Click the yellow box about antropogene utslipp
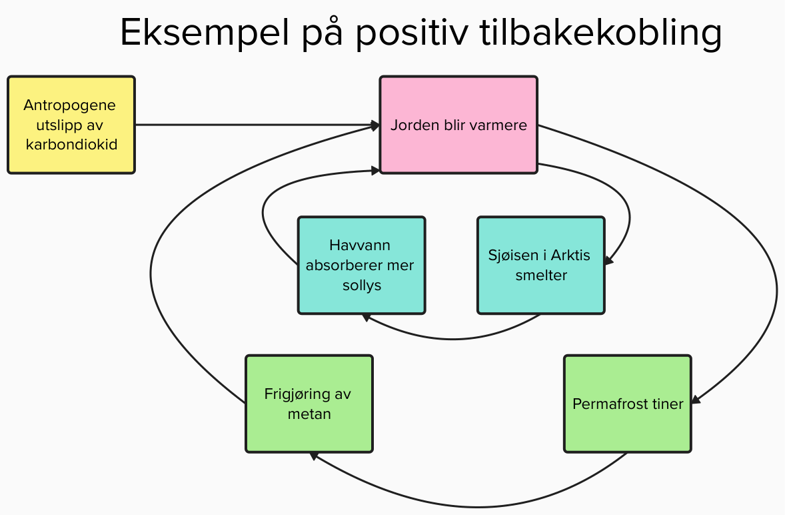(71, 125)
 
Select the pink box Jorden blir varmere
(458, 125)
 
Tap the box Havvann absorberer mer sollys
(361, 265)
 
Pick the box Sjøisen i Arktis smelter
(541, 265)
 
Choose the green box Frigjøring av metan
(309, 404)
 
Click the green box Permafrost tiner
(627, 404)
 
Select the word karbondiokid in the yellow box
(71, 144)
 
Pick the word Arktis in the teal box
(567, 255)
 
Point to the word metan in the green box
(309, 414)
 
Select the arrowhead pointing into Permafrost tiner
(696, 400)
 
